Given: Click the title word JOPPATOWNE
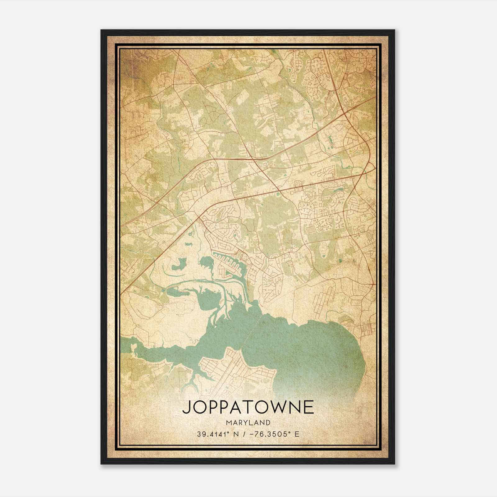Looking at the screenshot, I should point(248,407).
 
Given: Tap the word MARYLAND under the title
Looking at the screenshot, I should point(248,422).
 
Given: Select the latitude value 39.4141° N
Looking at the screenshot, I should point(217,434).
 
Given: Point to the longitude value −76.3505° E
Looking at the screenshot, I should point(273,434).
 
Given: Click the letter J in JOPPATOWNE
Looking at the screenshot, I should point(186,408).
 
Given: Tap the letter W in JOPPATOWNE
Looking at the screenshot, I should point(280,407).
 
